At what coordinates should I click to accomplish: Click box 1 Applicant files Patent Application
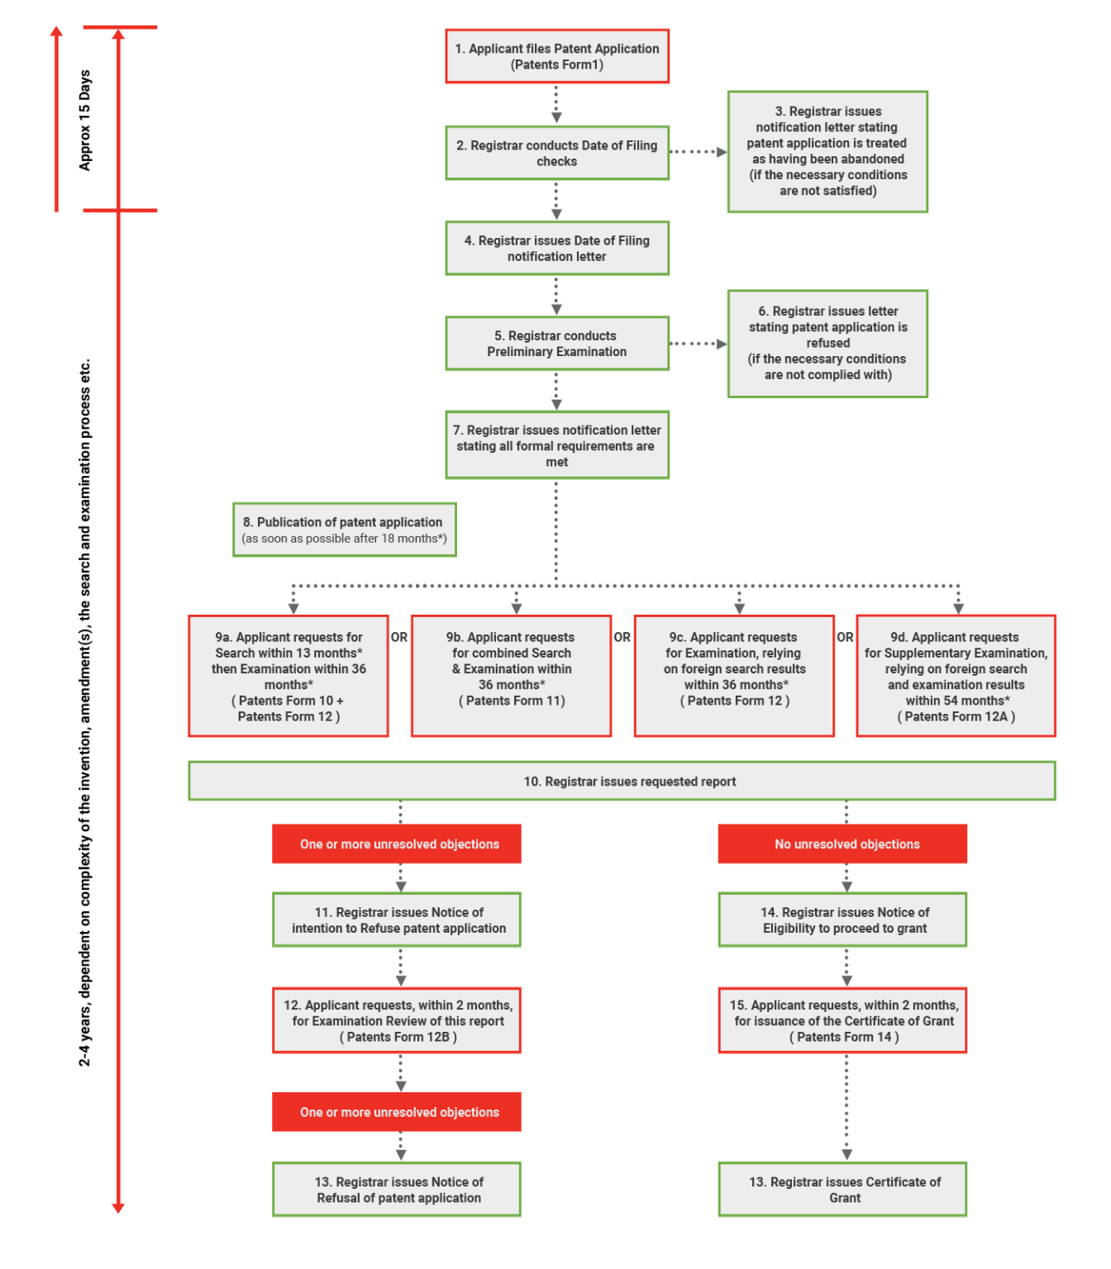pyautogui.click(x=556, y=56)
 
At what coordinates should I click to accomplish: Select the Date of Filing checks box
pyautogui.click(x=556, y=153)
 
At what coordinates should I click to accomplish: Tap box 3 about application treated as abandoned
pyautogui.click(x=827, y=151)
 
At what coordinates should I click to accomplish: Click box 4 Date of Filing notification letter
pyautogui.click(x=556, y=248)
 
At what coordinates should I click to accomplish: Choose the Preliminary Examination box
pyautogui.click(x=556, y=343)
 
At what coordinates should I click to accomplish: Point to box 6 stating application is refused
pyautogui.click(x=827, y=343)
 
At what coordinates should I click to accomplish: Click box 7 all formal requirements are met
pyautogui.click(x=556, y=445)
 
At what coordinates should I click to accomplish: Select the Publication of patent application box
pyautogui.click(x=344, y=530)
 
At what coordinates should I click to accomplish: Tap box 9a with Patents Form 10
pyautogui.click(x=288, y=676)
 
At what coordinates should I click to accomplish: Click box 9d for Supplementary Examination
pyautogui.click(x=956, y=676)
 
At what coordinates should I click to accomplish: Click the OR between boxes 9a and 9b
pyautogui.click(x=399, y=637)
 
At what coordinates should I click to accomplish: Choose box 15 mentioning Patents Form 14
pyautogui.click(x=842, y=1020)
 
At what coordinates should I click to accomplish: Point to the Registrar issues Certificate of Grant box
pyautogui.click(x=842, y=1190)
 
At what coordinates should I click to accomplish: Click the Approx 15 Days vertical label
pyautogui.click(x=85, y=121)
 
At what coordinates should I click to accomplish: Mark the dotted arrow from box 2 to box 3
pyautogui.click(x=698, y=152)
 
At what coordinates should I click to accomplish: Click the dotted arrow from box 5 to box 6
pyautogui.click(x=698, y=344)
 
